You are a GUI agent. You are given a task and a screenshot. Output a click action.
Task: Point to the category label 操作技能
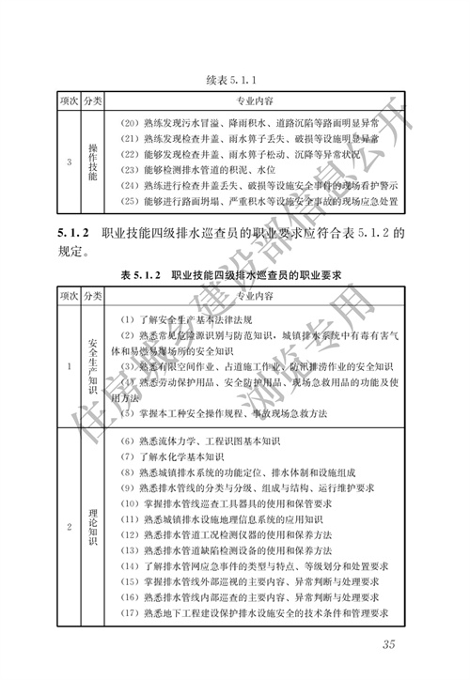pyautogui.click(x=93, y=162)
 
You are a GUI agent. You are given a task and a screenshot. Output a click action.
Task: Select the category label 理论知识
pyautogui.click(x=93, y=525)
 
